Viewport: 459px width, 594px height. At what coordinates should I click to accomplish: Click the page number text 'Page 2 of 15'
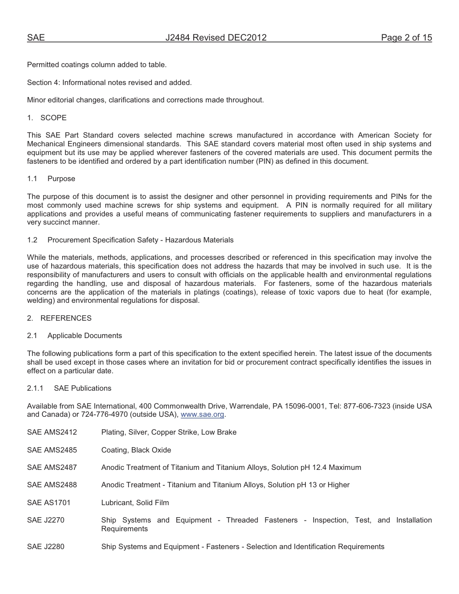coord(406,38)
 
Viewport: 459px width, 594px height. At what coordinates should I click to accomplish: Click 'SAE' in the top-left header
coord(36,38)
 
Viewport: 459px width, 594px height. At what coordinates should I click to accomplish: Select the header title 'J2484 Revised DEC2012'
coord(216,38)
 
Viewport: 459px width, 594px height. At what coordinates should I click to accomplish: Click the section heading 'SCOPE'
coord(54,118)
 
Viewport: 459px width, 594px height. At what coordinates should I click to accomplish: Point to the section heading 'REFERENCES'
coord(66,318)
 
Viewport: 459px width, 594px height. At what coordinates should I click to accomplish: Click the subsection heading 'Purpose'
coord(61,179)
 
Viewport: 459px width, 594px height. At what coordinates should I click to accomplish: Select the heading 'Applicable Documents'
coord(85,336)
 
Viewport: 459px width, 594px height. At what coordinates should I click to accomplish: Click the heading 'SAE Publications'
coord(83,388)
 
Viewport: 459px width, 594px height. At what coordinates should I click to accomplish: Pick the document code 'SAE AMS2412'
coord(52,432)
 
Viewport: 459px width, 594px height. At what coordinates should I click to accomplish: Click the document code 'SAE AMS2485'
coord(52,450)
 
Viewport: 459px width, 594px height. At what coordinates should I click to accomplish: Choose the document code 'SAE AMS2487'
coord(52,467)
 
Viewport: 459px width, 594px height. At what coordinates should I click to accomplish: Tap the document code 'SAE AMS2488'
coord(52,485)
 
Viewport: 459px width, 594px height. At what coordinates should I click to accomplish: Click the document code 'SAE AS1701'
coord(49,503)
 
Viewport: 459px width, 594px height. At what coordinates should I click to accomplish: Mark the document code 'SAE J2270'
coord(45,520)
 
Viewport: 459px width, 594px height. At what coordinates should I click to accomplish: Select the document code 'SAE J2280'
coord(45,547)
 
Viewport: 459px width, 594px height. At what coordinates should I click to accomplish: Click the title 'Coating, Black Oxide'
coord(136,450)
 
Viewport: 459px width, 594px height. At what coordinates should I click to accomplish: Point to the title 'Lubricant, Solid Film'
coord(135,503)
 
